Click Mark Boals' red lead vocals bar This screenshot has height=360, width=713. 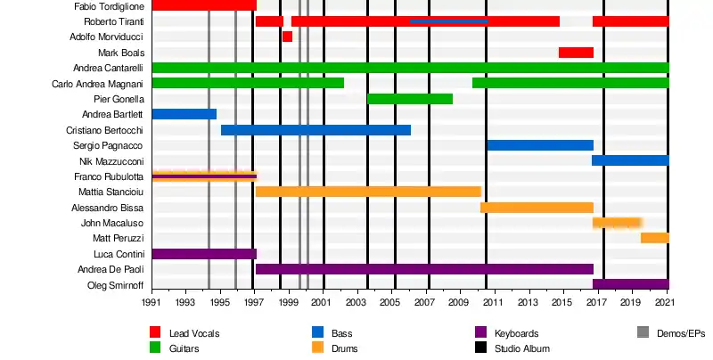point(576,53)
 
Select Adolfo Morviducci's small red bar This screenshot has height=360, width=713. point(287,37)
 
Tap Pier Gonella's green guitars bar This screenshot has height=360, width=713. point(410,99)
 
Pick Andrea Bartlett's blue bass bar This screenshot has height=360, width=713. point(184,114)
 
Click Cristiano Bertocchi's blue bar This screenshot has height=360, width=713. point(316,130)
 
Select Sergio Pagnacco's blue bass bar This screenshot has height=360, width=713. point(540,145)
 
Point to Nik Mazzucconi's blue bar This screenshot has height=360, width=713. point(630,160)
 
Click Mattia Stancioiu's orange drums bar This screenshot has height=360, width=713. point(368,192)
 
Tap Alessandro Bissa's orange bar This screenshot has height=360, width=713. point(537,208)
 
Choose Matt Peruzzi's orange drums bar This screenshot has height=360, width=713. point(655,238)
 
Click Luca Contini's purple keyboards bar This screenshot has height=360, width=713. point(204,254)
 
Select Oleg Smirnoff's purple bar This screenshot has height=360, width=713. point(630,284)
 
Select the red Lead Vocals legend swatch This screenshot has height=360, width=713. point(155,333)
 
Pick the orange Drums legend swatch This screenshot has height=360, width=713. point(317,348)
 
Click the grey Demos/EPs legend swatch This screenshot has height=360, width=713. point(642,333)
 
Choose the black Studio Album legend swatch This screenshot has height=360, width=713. point(479,348)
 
